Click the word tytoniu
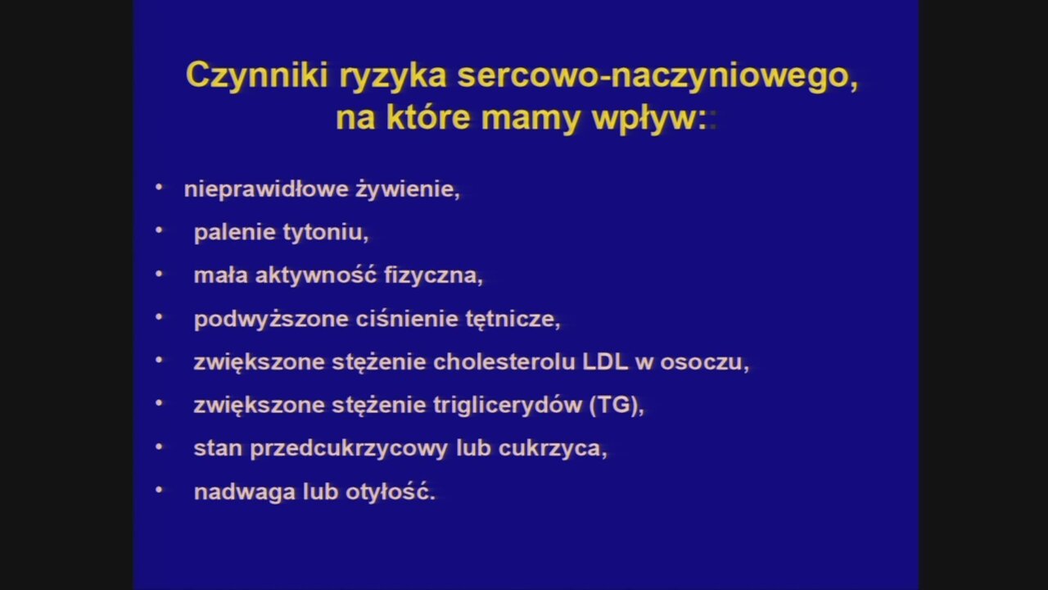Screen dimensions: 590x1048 pyautogui.click(x=325, y=233)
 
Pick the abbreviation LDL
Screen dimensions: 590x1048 pyautogui.click(x=605, y=362)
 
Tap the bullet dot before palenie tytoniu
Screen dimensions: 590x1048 pyautogui.click(x=159, y=230)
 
